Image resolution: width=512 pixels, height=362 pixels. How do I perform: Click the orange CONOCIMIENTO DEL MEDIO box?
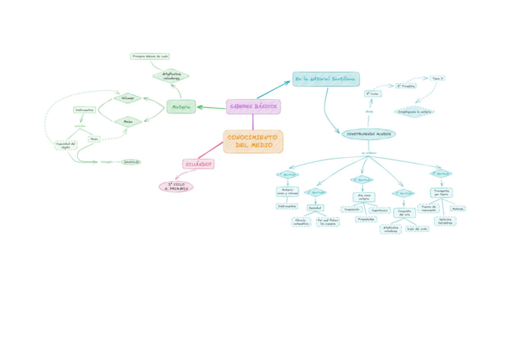point(253,141)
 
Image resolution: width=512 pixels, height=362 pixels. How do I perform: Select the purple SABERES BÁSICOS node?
point(254,107)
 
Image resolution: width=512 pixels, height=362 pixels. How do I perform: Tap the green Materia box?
point(181,107)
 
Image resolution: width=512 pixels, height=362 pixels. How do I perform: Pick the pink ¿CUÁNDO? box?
point(199,164)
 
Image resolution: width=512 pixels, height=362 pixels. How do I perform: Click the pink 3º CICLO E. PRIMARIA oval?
point(176,186)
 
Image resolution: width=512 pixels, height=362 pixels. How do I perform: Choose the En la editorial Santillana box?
point(326,79)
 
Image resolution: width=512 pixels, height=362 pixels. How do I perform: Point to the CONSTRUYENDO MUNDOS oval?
point(369,134)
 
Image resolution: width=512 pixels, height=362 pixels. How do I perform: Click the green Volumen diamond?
point(127,97)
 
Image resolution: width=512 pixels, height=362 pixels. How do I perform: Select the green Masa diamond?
point(128,121)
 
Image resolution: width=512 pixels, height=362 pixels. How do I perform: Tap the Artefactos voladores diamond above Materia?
point(171,76)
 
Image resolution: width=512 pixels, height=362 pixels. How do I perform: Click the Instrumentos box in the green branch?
point(84,110)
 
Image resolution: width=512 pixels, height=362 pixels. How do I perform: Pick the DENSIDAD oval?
point(131,162)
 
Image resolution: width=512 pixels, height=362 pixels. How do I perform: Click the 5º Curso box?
point(373,94)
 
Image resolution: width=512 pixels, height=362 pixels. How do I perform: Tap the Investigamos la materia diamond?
point(414,111)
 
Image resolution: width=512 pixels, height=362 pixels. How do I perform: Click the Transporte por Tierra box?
point(441,192)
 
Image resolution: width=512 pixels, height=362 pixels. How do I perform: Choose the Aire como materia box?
point(363,197)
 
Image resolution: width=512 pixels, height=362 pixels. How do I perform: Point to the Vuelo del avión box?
point(417,228)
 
